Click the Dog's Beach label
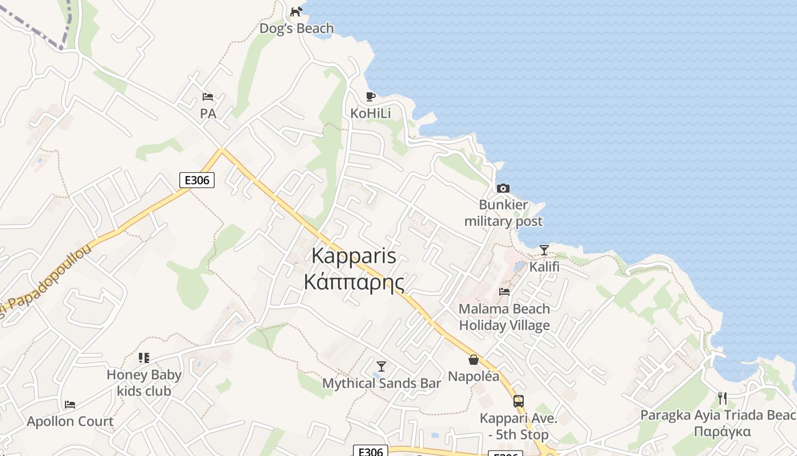[x=297, y=28]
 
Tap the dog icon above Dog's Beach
[x=296, y=11]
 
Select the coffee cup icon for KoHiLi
[x=371, y=96]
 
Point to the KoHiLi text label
[x=371, y=113]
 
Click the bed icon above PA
[x=208, y=97]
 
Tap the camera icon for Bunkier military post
[x=503, y=188]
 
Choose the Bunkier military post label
[x=503, y=213]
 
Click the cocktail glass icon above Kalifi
[x=544, y=250]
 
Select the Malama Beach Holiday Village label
[x=504, y=317]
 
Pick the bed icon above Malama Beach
[x=504, y=292]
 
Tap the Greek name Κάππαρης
[x=354, y=282]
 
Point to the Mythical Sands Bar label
[x=381, y=384]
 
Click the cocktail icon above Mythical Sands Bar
[x=381, y=366]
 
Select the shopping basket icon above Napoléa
[x=473, y=359]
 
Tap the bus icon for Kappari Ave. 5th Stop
[x=518, y=401]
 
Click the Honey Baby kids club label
[x=144, y=383]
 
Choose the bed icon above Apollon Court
[x=70, y=405]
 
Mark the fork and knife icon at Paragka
[x=722, y=398]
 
